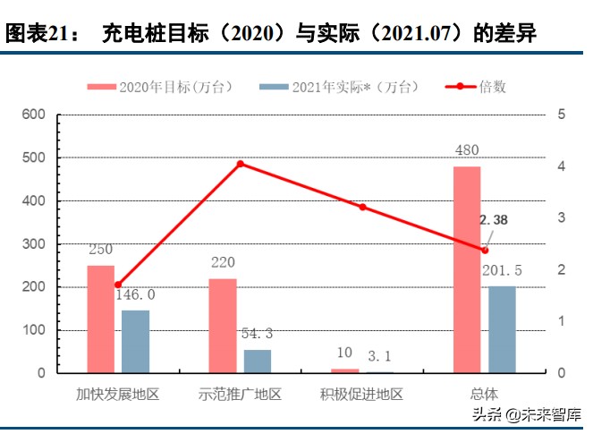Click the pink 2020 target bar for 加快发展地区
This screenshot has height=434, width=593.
[100, 319]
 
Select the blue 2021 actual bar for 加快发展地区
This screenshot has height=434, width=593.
[135, 341]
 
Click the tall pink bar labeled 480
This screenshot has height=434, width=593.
[467, 268]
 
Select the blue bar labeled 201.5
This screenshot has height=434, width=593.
[502, 328]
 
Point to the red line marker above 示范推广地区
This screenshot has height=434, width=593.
[241, 164]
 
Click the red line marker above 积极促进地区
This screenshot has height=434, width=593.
[363, 207]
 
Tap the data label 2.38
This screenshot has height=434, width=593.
[494, 220]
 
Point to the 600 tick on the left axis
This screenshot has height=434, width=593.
[33, 115]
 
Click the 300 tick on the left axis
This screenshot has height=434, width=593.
[33, 243]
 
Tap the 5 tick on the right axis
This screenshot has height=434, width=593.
[561, 115]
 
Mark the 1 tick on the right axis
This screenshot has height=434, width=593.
[561, 320]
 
